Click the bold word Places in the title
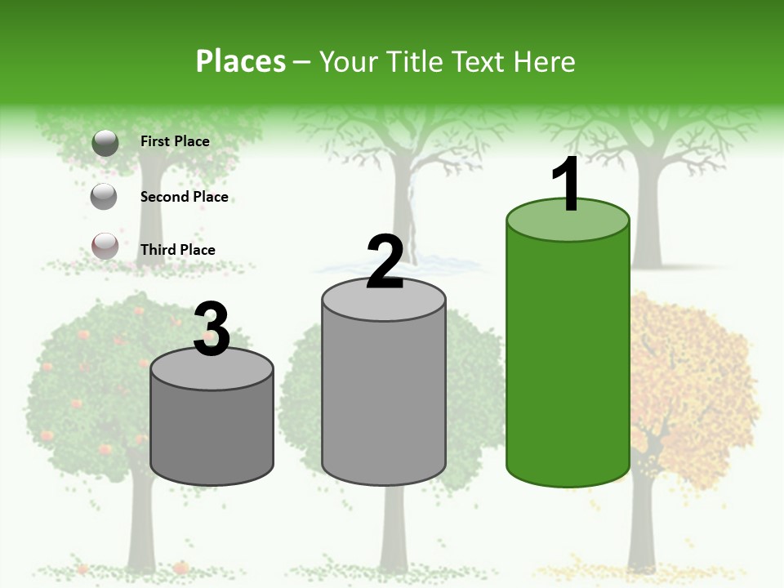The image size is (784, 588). pos(240,61)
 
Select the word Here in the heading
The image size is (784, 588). pos(545,61)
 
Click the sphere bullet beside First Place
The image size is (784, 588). pos(105,143)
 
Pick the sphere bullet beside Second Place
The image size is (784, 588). pos(105,196)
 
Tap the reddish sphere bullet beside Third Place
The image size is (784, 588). pos(105,246)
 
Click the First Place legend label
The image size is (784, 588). pos(175,141)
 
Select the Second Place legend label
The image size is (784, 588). pos(184,197)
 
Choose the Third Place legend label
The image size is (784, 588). pos(177,250)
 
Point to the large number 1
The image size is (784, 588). pos(566,185)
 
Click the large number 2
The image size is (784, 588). pos(385,262)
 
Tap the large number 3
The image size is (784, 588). pos(212,330)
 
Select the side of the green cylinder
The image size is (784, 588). pos(568,359)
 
